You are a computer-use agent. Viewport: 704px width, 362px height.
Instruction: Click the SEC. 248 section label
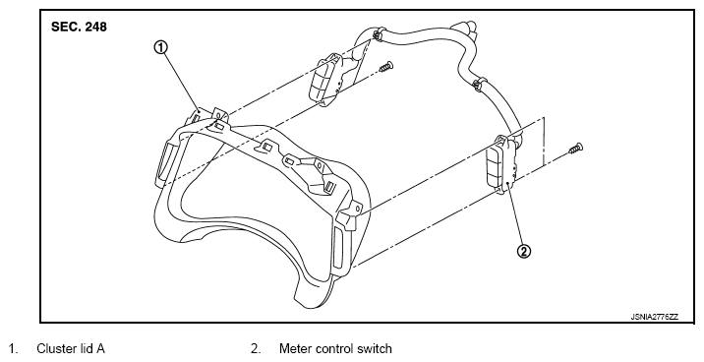(x=79, y=27)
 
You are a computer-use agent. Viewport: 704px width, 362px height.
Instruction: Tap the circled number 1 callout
(x=161, y=47)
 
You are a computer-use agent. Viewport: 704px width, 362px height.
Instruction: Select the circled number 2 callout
(x=524, y=252)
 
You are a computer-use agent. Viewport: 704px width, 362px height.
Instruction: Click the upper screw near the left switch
(x=385, y=67)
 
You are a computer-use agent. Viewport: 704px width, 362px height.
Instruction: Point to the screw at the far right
(x=575, y=149)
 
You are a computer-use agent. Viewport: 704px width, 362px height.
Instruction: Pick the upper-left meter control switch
(x=326, y=80)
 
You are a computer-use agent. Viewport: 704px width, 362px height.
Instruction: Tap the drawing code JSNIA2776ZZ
(x=655, y=317)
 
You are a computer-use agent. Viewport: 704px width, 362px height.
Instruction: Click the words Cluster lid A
(x=71, y=348)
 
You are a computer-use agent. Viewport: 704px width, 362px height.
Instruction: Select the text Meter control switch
(x=335, y=348)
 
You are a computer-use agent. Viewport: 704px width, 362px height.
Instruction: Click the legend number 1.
(x=14, y=348)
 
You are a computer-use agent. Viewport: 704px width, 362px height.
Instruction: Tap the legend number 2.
(x=256, y=348)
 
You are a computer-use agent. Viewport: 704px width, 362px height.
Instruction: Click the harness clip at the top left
(x=378, y=32)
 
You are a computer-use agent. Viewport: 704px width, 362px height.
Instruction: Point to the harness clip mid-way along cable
(x=479, y=83)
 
